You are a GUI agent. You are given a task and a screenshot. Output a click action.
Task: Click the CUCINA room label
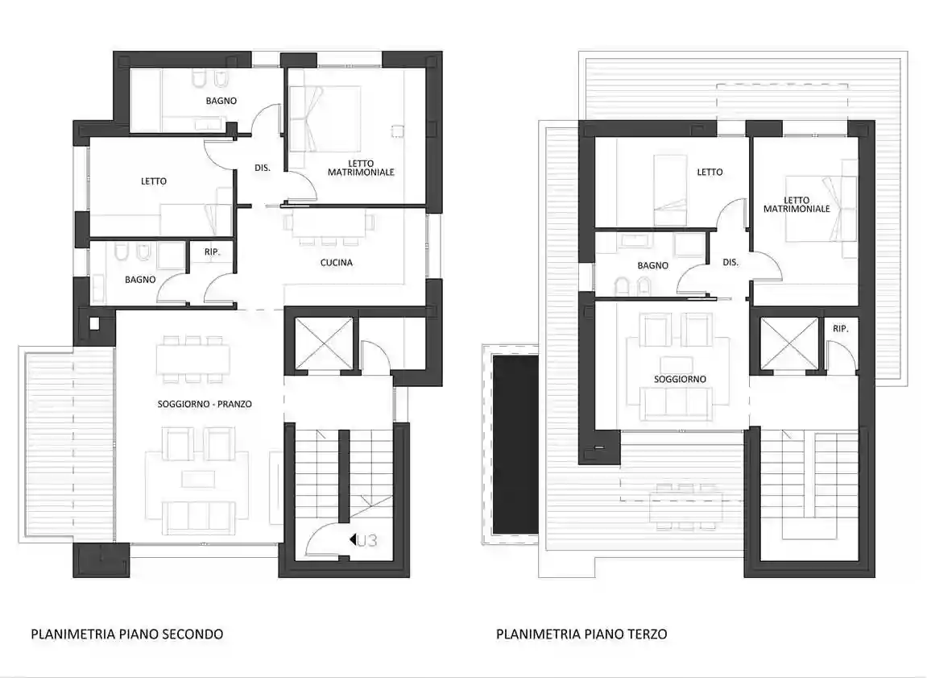336,262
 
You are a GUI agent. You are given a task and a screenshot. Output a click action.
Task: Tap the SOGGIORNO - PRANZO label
205,404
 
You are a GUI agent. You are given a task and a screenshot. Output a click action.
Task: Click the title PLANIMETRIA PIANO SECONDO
126,634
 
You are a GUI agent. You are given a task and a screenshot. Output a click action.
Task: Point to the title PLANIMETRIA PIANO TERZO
581,634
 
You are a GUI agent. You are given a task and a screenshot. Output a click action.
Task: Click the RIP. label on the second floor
212,253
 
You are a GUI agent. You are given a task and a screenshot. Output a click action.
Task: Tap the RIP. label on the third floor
841,329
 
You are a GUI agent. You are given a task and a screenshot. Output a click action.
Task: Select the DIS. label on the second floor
262,168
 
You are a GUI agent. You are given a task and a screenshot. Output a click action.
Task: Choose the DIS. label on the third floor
730,262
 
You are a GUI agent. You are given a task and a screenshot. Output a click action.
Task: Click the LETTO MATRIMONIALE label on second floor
361,167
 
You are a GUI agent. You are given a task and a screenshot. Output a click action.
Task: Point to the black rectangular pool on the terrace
515,444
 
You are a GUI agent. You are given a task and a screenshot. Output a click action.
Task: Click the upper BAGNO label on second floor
221,101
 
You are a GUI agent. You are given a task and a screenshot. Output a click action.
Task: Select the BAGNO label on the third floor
652,265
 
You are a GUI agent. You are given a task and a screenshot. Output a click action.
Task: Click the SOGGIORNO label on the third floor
680,379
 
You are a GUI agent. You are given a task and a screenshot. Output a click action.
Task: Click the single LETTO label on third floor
710,172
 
